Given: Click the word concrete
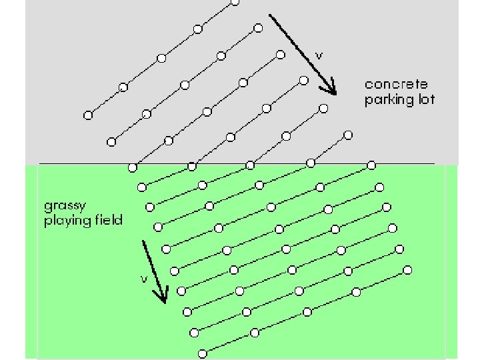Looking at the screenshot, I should point(396,85).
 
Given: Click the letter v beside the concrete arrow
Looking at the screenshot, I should point(319,56).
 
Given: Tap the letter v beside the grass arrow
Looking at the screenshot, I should point(143,279).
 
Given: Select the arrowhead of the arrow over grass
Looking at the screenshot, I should point(162,299).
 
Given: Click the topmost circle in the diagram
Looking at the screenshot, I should point(234,2).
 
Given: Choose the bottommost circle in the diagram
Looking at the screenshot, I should point(202,352).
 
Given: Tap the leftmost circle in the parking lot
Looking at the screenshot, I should point(87,115).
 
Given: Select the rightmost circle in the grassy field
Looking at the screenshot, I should point(407,270).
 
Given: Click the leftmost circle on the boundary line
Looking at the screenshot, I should point(133,166).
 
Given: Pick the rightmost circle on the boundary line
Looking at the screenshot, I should point(371,163).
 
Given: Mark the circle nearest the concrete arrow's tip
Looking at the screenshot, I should point(323,108).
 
